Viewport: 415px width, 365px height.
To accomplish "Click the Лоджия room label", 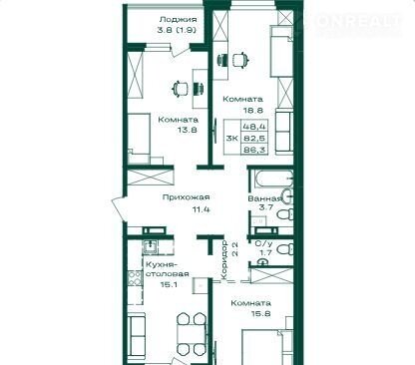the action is click(178, 20).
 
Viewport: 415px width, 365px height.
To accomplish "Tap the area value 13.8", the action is click(188, 130).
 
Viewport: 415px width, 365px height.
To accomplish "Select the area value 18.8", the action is click(252, 110).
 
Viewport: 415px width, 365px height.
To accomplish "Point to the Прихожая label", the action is click(187, 197).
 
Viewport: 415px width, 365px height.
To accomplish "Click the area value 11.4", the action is click(202, 209).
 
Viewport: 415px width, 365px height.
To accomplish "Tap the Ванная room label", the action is click(264, 198).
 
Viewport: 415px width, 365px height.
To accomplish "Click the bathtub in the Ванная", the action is click(272, 179).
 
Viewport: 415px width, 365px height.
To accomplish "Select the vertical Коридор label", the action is click(224, 260).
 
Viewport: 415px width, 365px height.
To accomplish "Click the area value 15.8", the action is click(261, 313).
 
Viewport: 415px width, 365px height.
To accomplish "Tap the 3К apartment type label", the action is click(231, 138).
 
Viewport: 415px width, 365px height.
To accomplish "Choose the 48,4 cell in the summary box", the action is click(254, 127).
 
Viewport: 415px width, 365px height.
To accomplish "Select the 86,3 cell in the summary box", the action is click(254, 150).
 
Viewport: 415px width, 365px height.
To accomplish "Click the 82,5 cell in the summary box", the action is click(254, 138).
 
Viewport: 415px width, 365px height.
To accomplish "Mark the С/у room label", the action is click(263, 243).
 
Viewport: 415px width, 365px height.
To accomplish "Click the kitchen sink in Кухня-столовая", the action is click(151, 246).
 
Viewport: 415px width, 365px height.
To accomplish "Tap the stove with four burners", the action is click(135, 278).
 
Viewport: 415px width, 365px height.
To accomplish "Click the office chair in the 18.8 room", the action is click(240, 60).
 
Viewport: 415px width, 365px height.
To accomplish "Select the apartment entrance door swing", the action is click(119, 209).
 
